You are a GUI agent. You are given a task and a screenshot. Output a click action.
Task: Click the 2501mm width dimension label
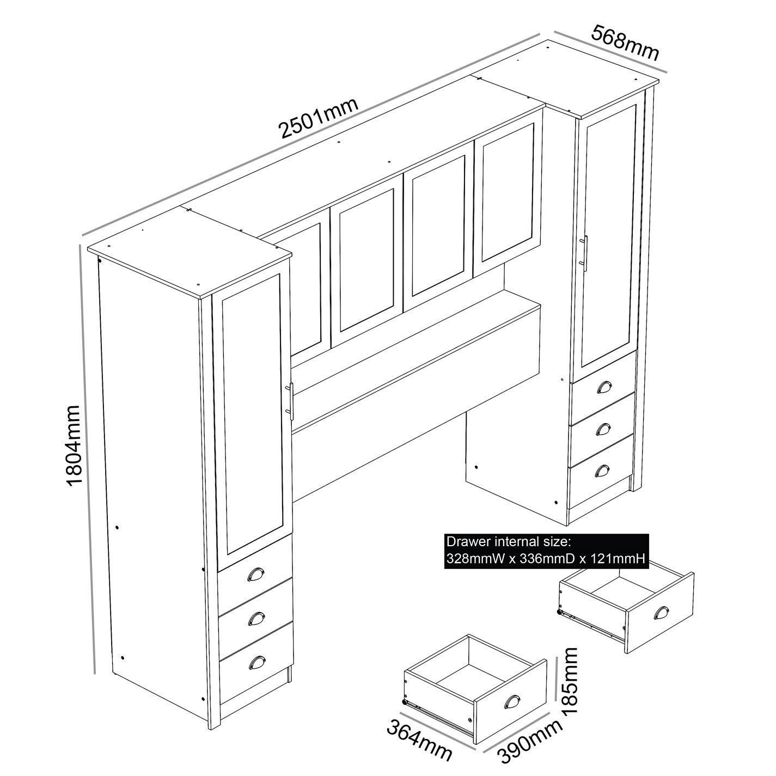tap(319, 118)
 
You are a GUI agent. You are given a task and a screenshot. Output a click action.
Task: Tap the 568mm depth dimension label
tap(625, 42)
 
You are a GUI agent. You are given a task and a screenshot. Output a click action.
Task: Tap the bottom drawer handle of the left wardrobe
tap(256, 662)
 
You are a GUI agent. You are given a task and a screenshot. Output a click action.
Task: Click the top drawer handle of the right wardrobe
tap(603, 387)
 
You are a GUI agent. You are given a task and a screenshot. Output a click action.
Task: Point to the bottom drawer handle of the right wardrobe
tap(602, 470)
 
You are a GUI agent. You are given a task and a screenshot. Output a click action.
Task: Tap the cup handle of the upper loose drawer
tap(661, 614)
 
